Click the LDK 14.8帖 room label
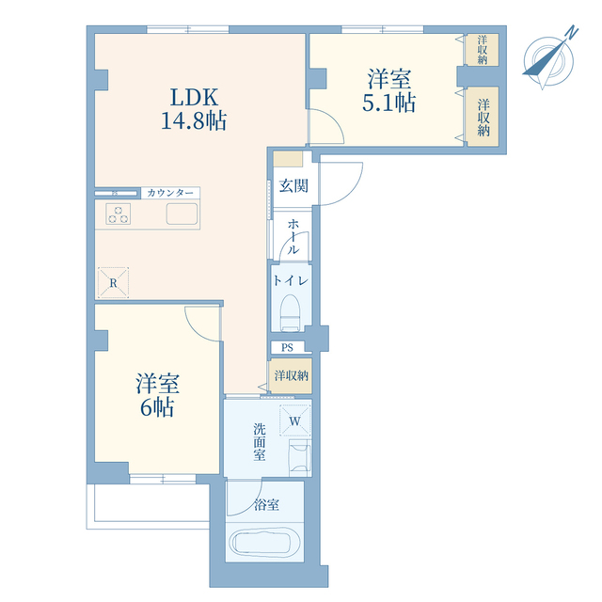coord(194,109)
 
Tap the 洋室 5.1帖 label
coord(388,90)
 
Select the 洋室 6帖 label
coord(157,395)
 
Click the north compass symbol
coord(549,58)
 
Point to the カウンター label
coord(170,193)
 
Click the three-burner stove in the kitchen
coord(119,214)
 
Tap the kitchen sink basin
coord(182,214)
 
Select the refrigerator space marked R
coord(113,283)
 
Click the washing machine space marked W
coord(294,420)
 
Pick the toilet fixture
coord(290,312)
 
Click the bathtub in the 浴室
coord(260,542)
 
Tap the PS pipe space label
coord(287,348)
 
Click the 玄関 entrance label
coord(293,186)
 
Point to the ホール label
coord(293,236)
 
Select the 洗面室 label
coord(260,442)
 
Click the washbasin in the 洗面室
coord(300,458)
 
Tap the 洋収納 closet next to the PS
coord(291,375)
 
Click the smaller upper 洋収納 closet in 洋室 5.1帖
coord(483,50)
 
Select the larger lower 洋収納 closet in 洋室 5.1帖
coord(483,117)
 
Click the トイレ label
coord(291,280)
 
